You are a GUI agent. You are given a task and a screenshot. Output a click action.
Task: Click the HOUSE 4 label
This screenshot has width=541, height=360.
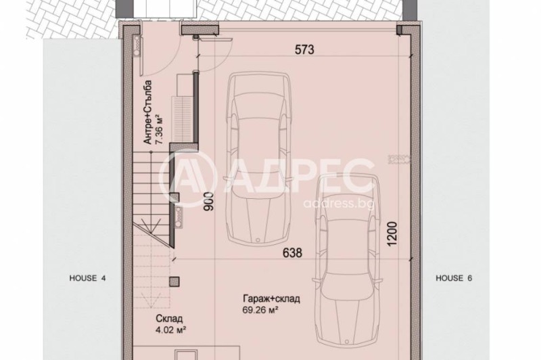pyautogui.click(x=88, y=278)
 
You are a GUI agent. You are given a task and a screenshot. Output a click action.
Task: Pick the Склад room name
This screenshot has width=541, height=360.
pyautogui.click(x=168, y=320)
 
